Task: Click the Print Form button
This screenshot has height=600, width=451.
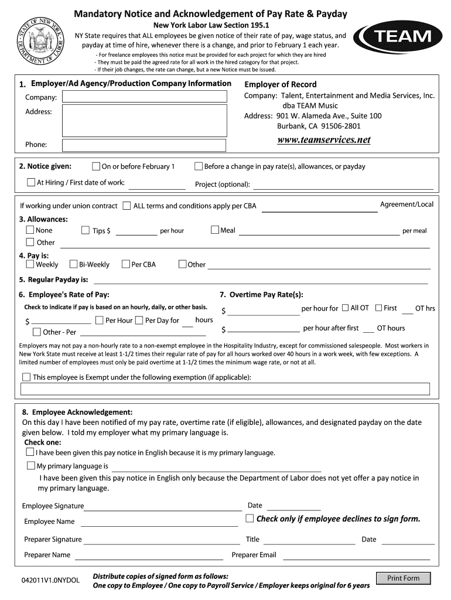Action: [404, 578]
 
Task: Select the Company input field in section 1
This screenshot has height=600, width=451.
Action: [144, 97]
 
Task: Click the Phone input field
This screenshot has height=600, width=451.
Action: [144, 145]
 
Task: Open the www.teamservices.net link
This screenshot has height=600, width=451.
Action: [324, 139]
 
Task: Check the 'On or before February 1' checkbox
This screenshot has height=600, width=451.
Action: [97, 166]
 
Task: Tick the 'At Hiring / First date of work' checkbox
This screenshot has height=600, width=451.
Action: [31, 182]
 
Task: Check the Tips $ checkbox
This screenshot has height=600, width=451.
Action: [86, 230]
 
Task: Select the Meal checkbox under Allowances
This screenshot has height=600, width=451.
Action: [214, 230]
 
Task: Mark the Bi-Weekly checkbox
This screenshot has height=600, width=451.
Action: [74, 264]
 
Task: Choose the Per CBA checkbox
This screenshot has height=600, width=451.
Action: [125, 264]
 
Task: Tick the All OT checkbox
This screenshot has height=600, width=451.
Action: [346, 308]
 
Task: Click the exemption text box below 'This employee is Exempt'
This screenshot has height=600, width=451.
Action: [225, 389]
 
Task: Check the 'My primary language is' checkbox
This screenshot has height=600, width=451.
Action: [30, 466]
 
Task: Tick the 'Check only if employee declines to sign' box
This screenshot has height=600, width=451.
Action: [250, 519]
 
